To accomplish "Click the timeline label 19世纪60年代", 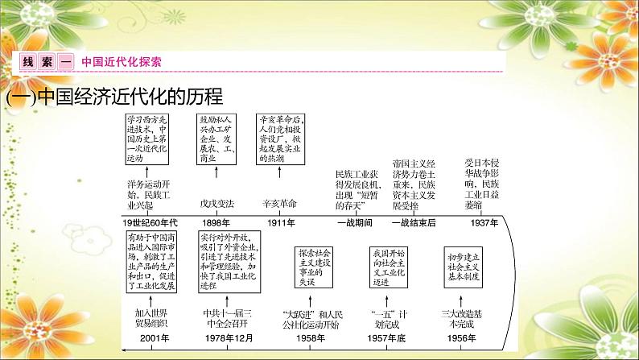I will [149, 222].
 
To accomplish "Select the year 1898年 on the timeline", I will [213, 222].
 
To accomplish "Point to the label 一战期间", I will [355, 222].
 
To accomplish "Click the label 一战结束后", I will [415, 222].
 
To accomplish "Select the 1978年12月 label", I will [221, 338].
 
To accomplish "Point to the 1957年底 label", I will [390, 338].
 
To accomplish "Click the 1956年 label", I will [466, 338].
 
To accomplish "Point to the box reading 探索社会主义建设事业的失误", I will [315, 265].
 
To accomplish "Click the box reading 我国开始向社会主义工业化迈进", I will [390, 265].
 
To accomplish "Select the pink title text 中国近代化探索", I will [121, 62].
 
